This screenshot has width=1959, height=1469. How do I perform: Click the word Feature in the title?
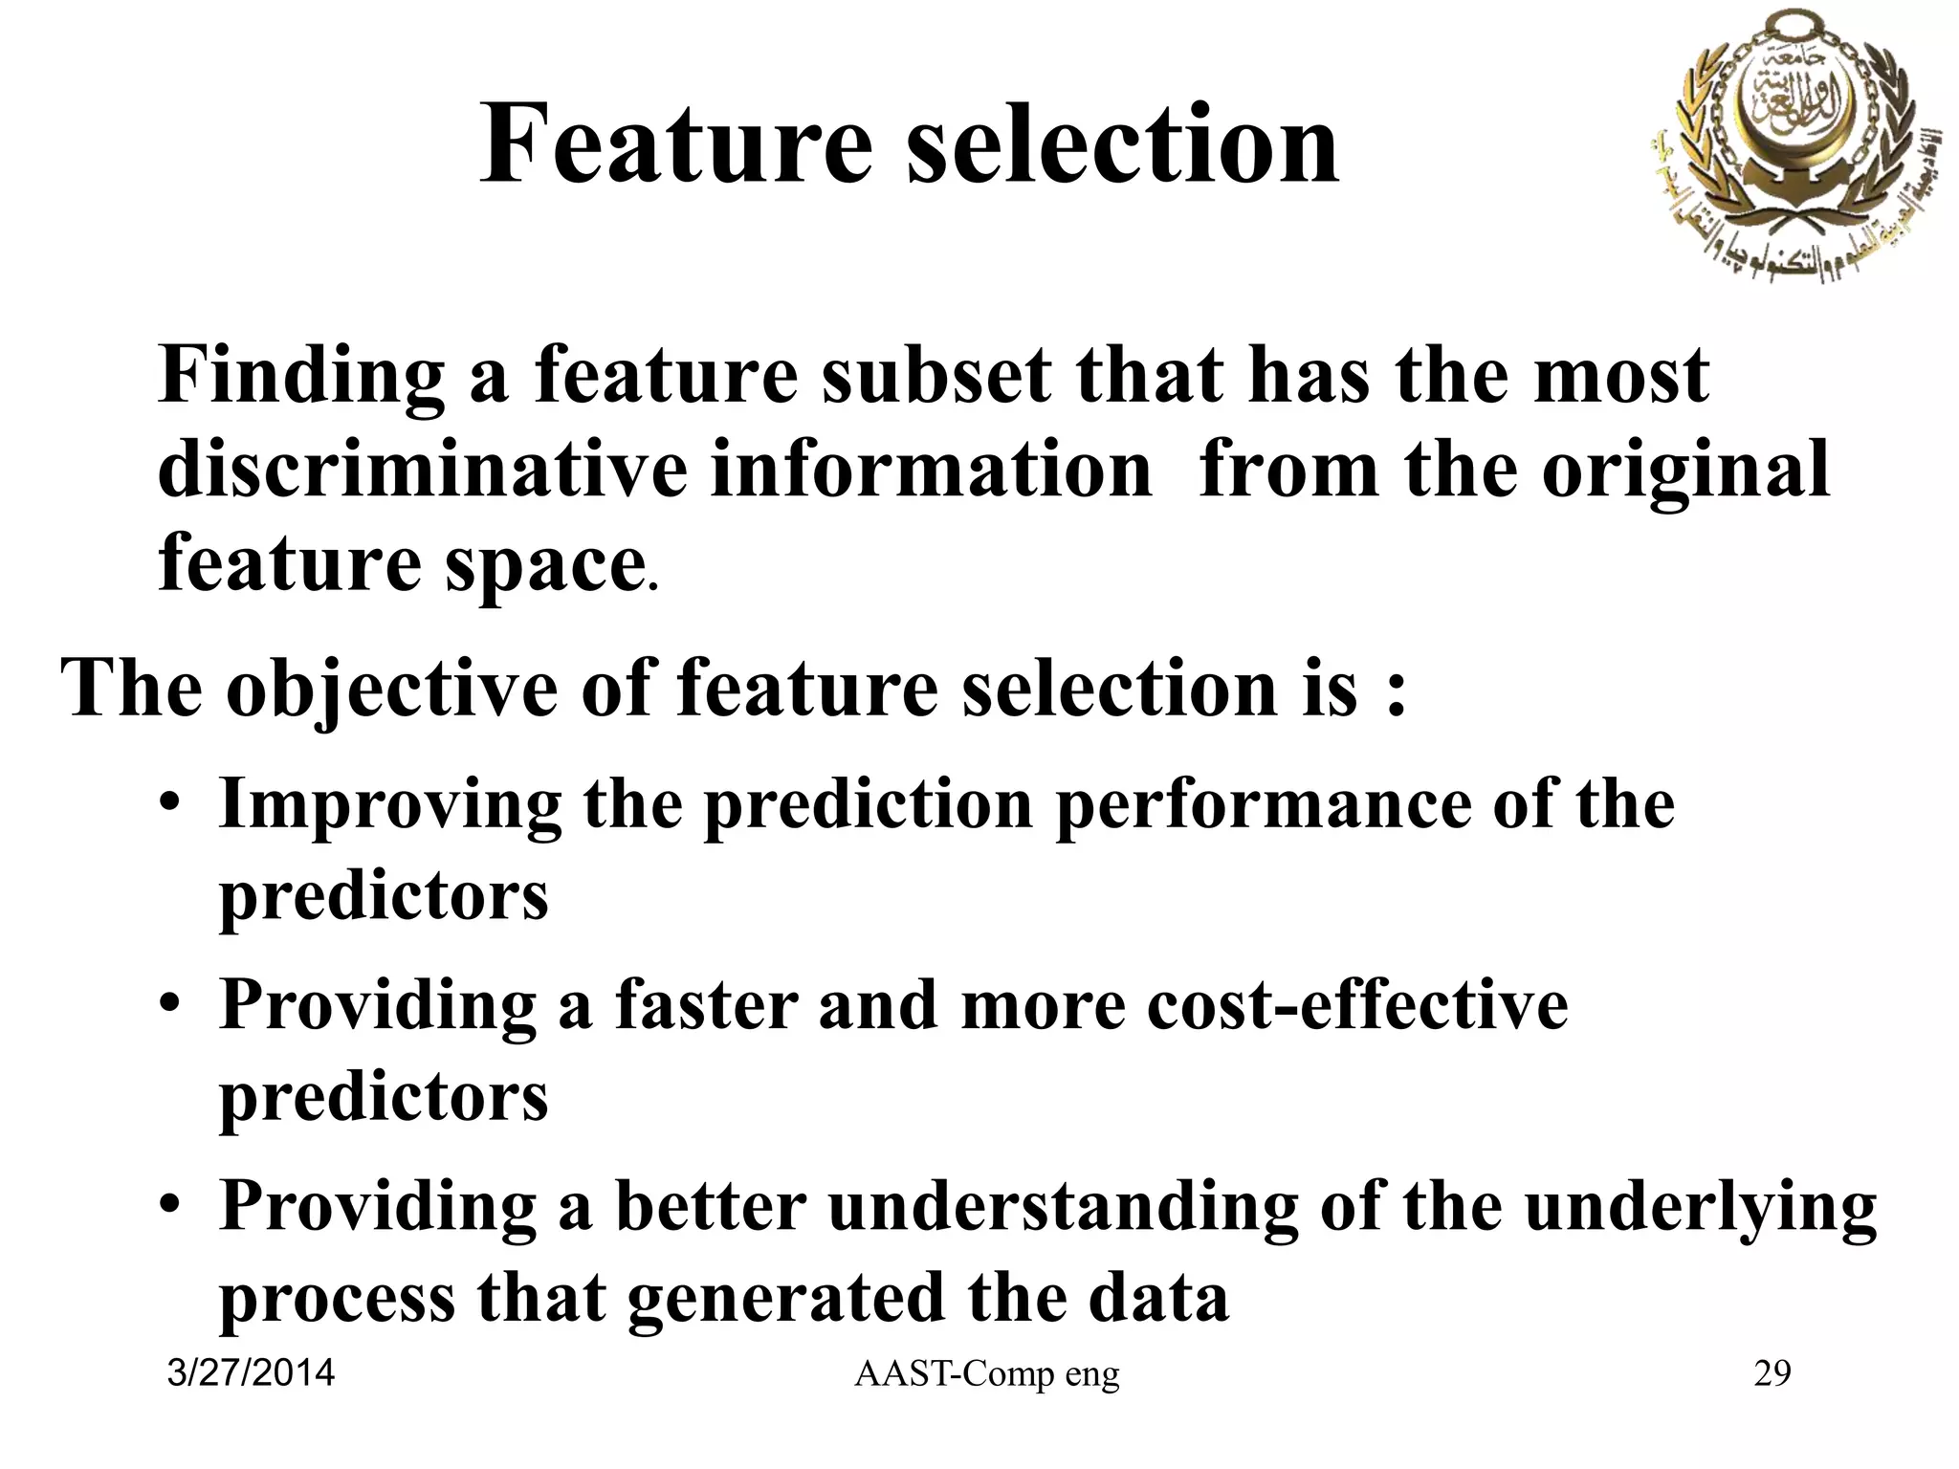(x=675, y=145)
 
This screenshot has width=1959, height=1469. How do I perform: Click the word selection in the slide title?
(x=1122, y=145)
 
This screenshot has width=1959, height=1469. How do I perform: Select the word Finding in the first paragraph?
(x=301, y=376)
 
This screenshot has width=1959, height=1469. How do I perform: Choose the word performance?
(x=1263, y=807)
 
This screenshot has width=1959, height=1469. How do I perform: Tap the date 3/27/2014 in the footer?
(x=251, y=1373)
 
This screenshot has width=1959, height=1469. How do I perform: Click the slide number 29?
(x=1772, y=1374)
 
